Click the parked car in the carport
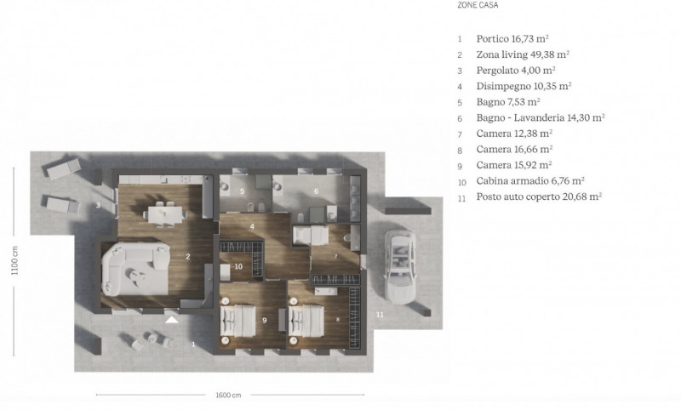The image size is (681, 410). tap(400, 266)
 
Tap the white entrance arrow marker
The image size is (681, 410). tap(172, 320)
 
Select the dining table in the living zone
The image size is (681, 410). tap(164, 214)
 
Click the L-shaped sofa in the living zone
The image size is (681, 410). tap(135, 269)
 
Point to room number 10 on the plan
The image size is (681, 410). tap(238, 266)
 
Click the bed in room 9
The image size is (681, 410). tap(237, 321)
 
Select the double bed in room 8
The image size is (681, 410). tap(306, 321)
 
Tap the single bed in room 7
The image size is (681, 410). tap(311, 235)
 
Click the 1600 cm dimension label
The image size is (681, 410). tap(228, 396)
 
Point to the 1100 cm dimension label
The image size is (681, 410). tap(14, 260)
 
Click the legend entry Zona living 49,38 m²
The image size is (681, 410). tap(523, 54)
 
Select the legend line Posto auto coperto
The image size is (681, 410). tap(539, 196)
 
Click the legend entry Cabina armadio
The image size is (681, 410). tap(529, 181)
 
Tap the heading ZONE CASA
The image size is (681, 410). tap(478, 5)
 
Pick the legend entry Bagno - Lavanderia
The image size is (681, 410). tap(541, 117)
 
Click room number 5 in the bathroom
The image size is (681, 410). tap(242, 191)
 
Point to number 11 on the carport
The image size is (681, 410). tap(380, 314)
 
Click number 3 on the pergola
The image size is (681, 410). tap(98, 205)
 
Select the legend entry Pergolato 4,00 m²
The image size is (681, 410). tap(516, 71)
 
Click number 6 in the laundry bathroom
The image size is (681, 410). tap(316, 191)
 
